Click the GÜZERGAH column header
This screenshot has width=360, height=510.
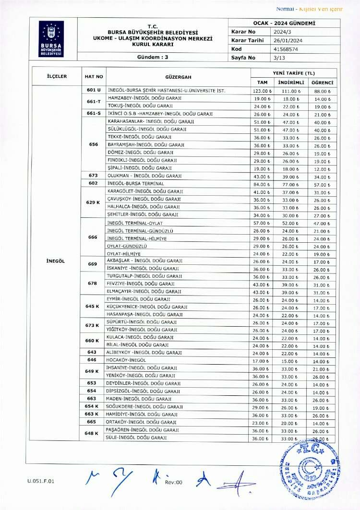[178, 77]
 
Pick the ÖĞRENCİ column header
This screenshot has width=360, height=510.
[322, 83]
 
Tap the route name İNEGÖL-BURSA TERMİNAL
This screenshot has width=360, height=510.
[136, 184]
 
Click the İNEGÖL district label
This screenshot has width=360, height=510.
[56, 261]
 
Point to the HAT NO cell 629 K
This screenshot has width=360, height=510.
[93, 202]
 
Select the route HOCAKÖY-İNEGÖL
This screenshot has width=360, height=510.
[126, 360]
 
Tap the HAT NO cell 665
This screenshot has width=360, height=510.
[92, 422]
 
